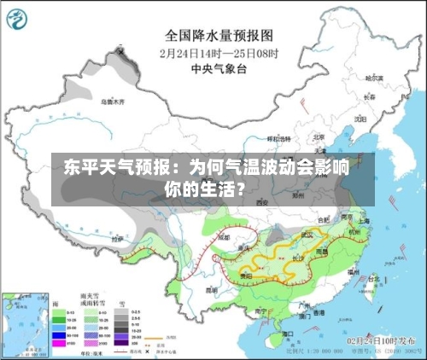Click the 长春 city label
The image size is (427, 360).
point(369,97)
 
